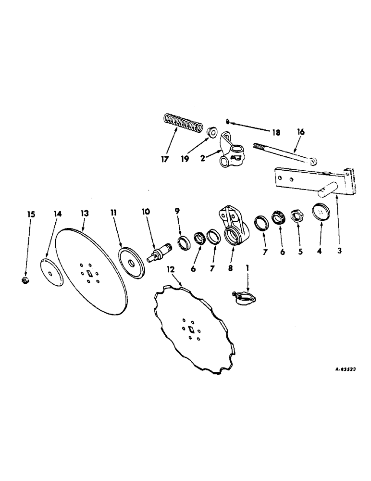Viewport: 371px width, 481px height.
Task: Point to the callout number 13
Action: (x=85, y=213)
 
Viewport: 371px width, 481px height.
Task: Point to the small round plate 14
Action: (x=51, y=273)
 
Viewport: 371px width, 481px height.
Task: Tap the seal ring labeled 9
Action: (x=184, y=242)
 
